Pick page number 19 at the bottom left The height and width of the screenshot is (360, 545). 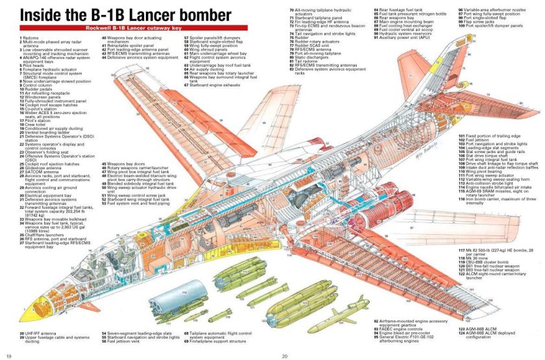tap(8, 355)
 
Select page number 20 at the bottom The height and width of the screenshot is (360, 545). tap(284, 355)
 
